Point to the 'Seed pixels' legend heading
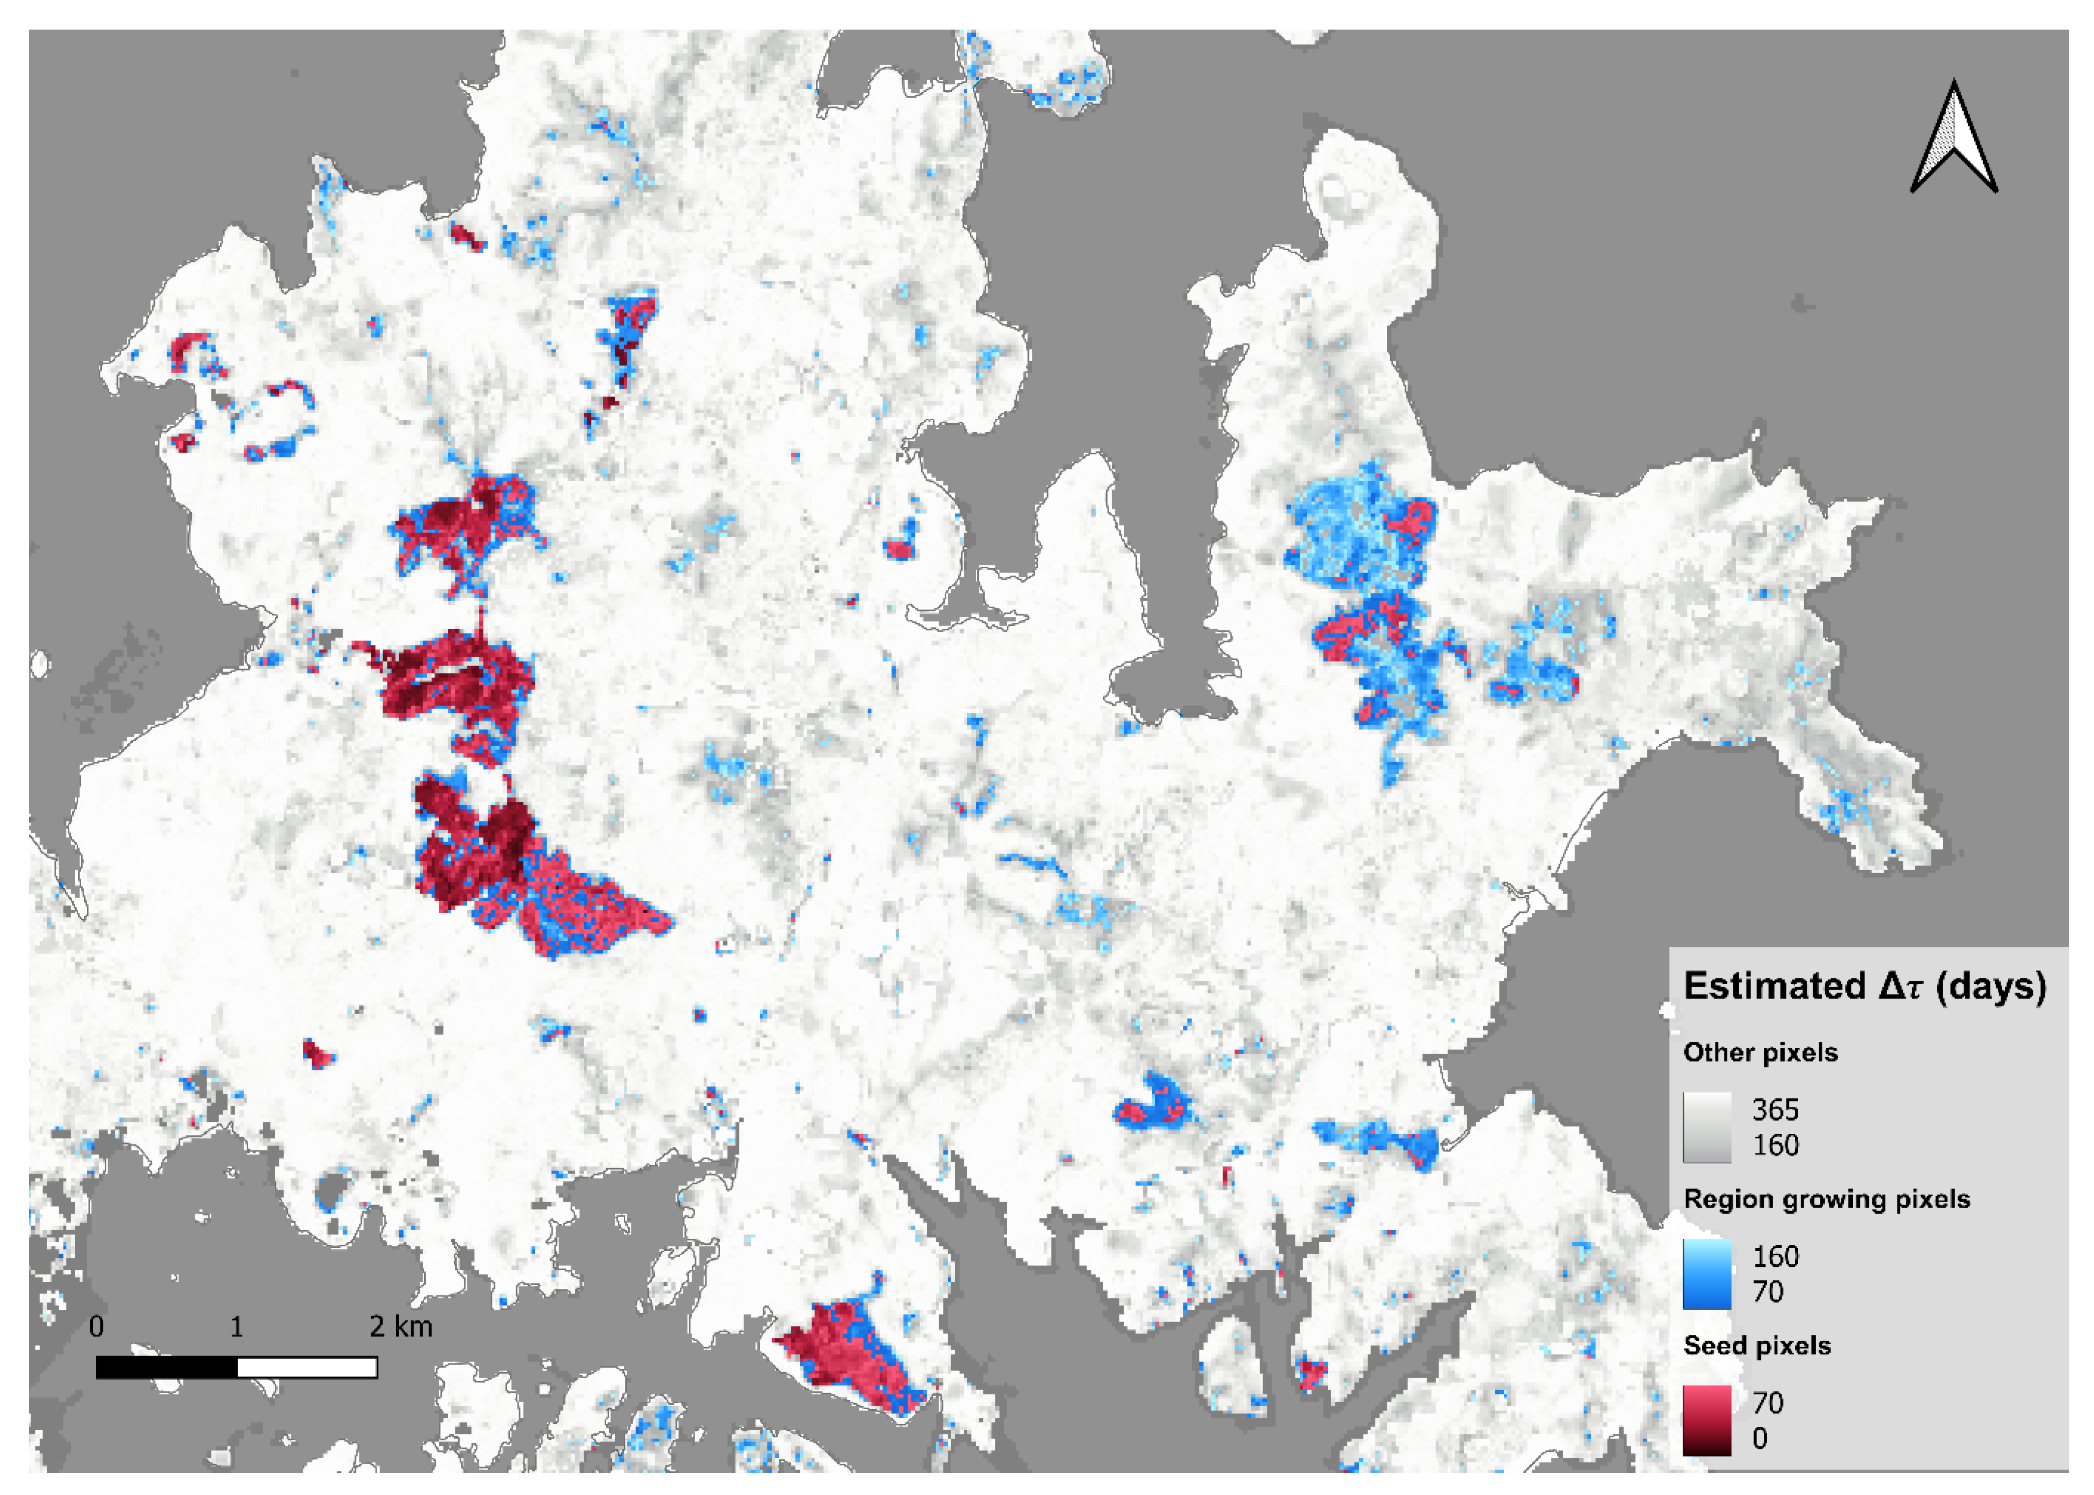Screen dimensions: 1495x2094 click(x=1756, y=1346)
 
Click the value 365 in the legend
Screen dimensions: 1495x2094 click(x=1775, y=1110)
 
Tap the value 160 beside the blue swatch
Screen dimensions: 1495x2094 click(x=1775, y=1257)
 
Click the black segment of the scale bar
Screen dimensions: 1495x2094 click(x=166, y=1368)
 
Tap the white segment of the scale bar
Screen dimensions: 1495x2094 click(x=307, y=1368)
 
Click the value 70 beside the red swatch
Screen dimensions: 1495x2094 click(x=1767, y=1403)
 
